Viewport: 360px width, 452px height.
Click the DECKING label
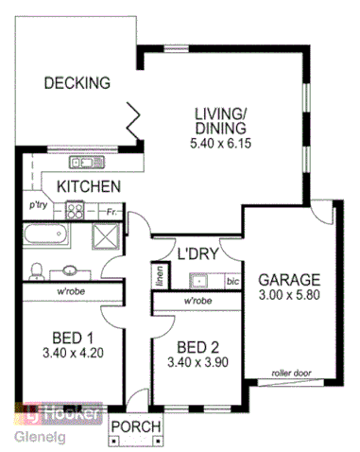click(x=77, y=83)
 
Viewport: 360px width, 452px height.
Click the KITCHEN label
click(x=88, y=186)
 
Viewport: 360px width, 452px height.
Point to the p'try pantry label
click(x=38, y=203)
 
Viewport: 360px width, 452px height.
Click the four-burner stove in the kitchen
click(x=75, y=211)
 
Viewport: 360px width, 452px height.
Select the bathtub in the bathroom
click(x=46, y=236)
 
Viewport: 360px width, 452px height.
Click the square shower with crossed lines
click(x=100, y=236)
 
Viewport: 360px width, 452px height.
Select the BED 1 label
click(x=73, y=338)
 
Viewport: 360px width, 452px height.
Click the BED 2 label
click(x=198, y=345)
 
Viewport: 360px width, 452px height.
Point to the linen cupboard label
click(x=161, y=279)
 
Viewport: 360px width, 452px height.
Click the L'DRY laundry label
click(x=197, y=253)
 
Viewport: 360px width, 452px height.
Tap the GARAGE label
click(x=291, y=280)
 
